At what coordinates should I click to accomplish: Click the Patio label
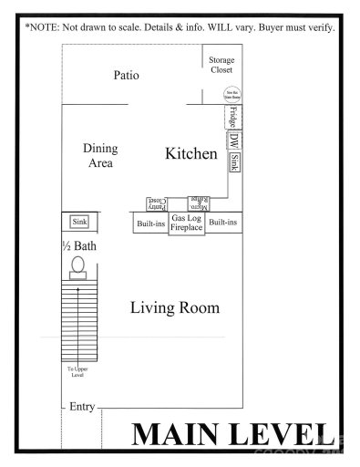click(126, 75)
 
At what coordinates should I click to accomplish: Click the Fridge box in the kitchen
click(232, 118)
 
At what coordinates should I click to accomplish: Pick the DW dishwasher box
click(233, 141)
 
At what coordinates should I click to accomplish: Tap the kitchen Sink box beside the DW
click(234, 163)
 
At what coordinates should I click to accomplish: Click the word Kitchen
click(190, 153)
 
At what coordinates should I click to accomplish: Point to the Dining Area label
click(100, 155)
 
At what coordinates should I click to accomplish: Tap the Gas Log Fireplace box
click(187, 223)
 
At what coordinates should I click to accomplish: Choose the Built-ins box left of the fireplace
click(150, 223)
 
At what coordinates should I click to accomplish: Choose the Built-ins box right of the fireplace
click(222, 223)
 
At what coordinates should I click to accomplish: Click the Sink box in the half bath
click(79, 223)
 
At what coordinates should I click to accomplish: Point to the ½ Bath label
click(78, 246)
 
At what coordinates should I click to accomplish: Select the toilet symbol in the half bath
click(78, 265)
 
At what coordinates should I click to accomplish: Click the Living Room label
click(174, 307)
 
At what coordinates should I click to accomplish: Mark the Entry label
click(83, 406)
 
